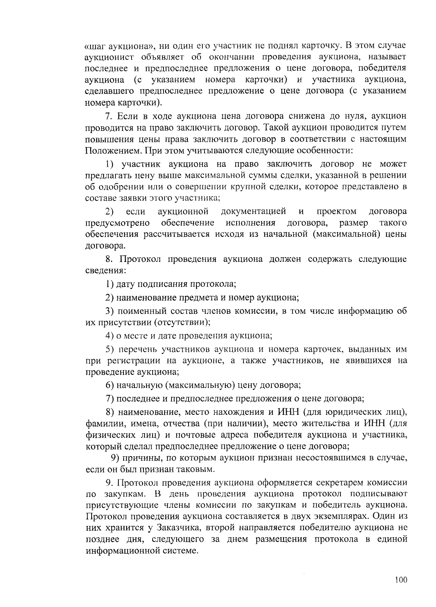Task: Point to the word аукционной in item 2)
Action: click(x=183, y=211)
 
